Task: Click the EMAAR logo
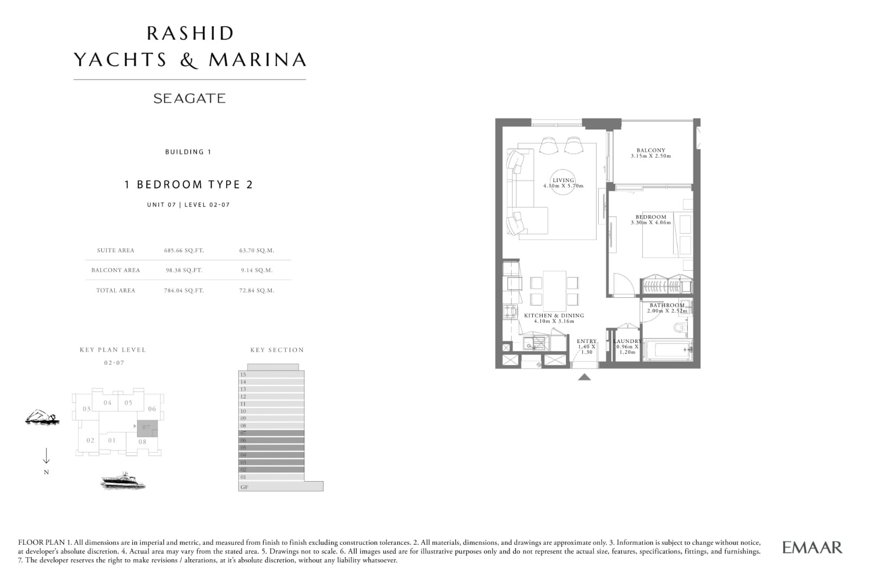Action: tap(812, 547)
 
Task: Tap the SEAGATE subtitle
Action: tap(190, 98)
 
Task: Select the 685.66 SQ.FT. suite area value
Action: tap(184, 251)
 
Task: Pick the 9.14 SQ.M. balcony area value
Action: tap(257, 270)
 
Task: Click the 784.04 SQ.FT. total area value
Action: tap(184, 290)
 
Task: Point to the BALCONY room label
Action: tap(650, 150)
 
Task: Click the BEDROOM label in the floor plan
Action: tap(650, 217)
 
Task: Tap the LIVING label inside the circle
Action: tap(563, 180)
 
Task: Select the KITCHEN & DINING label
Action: tap(554, 316)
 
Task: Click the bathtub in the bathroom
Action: tap(667, 350)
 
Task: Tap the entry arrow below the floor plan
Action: tap(585, 377)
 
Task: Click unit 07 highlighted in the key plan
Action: tap(147, 428)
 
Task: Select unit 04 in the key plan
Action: tap(108, 403)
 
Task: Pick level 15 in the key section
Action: tap(271, 375)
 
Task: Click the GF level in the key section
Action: tap(281, 487)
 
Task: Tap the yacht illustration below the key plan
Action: tap(123, 481)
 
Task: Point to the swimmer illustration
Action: tap(42, 417)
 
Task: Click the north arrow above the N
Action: tap(46, 456)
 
